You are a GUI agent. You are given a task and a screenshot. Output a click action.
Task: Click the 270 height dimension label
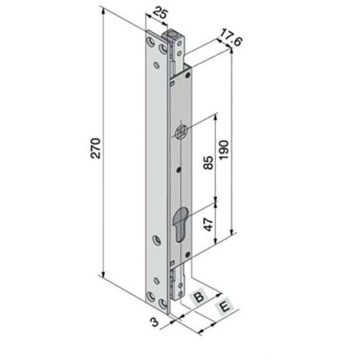coord(97,148)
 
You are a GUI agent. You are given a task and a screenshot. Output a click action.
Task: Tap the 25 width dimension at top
coord(161,14)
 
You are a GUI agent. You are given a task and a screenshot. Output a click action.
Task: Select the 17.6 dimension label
coord(231,38)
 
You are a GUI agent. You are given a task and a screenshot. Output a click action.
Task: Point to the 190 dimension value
coord(224,150)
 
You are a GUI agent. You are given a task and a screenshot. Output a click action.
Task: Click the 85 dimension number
coord(208,162)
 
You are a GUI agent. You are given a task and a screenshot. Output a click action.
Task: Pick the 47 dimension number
coord(209,224)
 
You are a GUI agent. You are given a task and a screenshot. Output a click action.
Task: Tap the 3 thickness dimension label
coord(155,322)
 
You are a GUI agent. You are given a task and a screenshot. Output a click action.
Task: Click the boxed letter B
coord(199,296)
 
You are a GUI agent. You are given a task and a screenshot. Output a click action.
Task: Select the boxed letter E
coord(224,306)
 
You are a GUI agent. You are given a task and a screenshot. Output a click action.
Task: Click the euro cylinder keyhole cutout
coord(180,223)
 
